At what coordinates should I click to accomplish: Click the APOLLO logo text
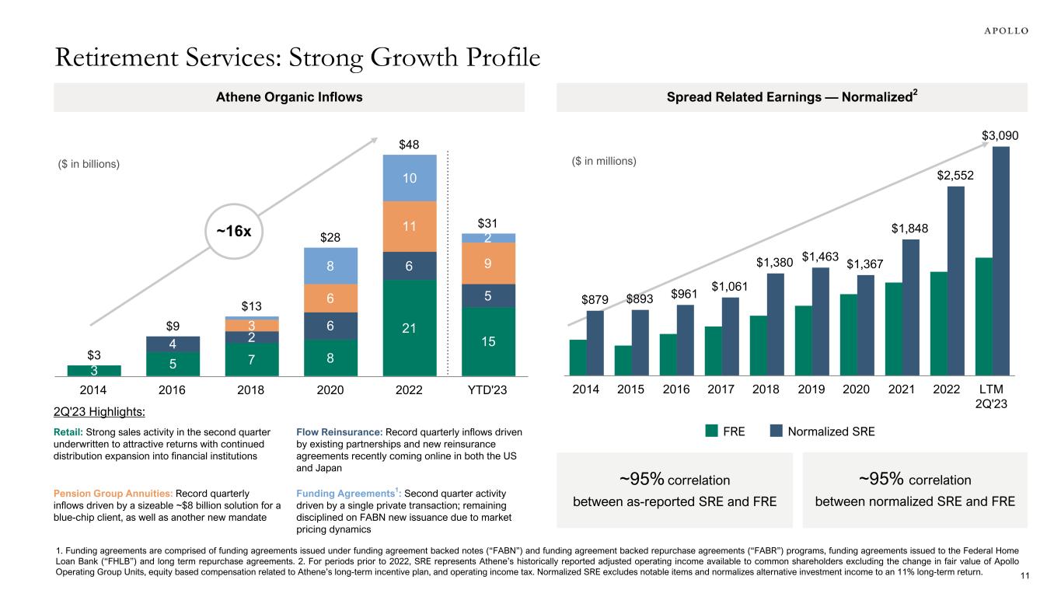1002,30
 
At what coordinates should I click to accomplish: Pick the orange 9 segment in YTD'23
488,263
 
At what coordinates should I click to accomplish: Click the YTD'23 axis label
488,389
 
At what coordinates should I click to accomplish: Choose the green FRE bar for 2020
848,335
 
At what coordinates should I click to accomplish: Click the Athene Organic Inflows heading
288,97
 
